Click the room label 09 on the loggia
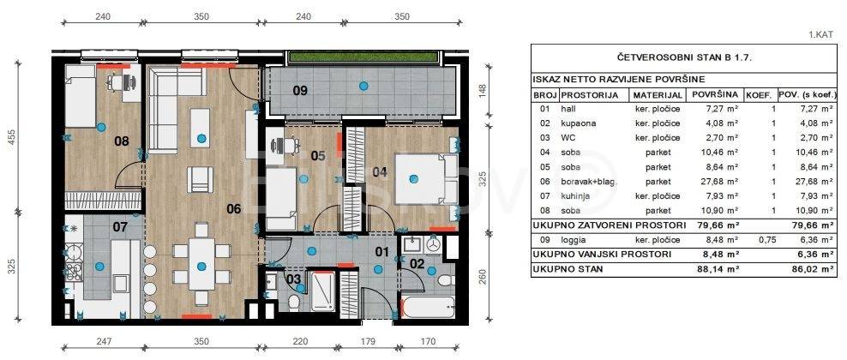[300, 90]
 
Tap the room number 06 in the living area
[233, 208]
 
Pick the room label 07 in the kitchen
[120, 227]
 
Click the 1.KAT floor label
[821, 34]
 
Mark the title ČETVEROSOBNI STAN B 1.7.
[684, 57]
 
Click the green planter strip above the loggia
[362, 57]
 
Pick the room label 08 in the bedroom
[122, 142]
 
